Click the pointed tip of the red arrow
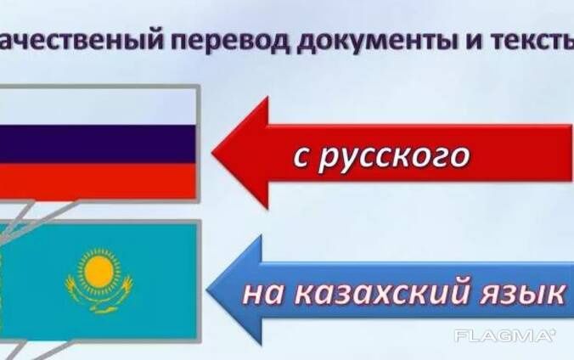[212, 152]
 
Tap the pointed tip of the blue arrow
[207, 290]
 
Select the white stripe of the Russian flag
[98, 107]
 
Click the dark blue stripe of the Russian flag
[98, 144]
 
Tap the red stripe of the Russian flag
[98, 181]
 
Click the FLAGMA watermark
[505, 336]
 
